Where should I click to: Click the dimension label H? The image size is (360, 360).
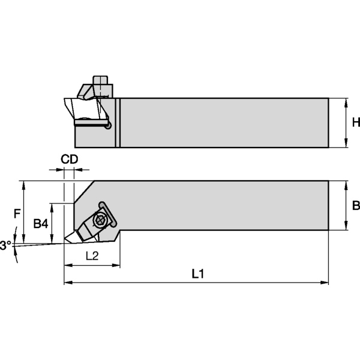tap(355, 122)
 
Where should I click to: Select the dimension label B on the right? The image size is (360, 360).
tap(355, 206)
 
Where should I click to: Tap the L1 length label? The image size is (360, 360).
tap(198, 274)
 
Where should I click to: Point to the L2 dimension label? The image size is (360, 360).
tap(92, 256)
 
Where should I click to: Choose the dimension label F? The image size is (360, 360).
tap(17, 212)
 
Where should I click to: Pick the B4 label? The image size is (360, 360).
tap(40, 224)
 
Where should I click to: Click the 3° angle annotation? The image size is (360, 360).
tap(5, 245)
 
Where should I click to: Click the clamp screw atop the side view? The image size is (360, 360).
tap(100, 82)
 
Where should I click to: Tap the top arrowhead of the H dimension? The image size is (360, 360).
tap(348, 101)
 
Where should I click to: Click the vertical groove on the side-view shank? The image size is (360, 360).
tap(118, 122)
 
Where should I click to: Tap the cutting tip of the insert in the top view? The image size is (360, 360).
tap(65, 242)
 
